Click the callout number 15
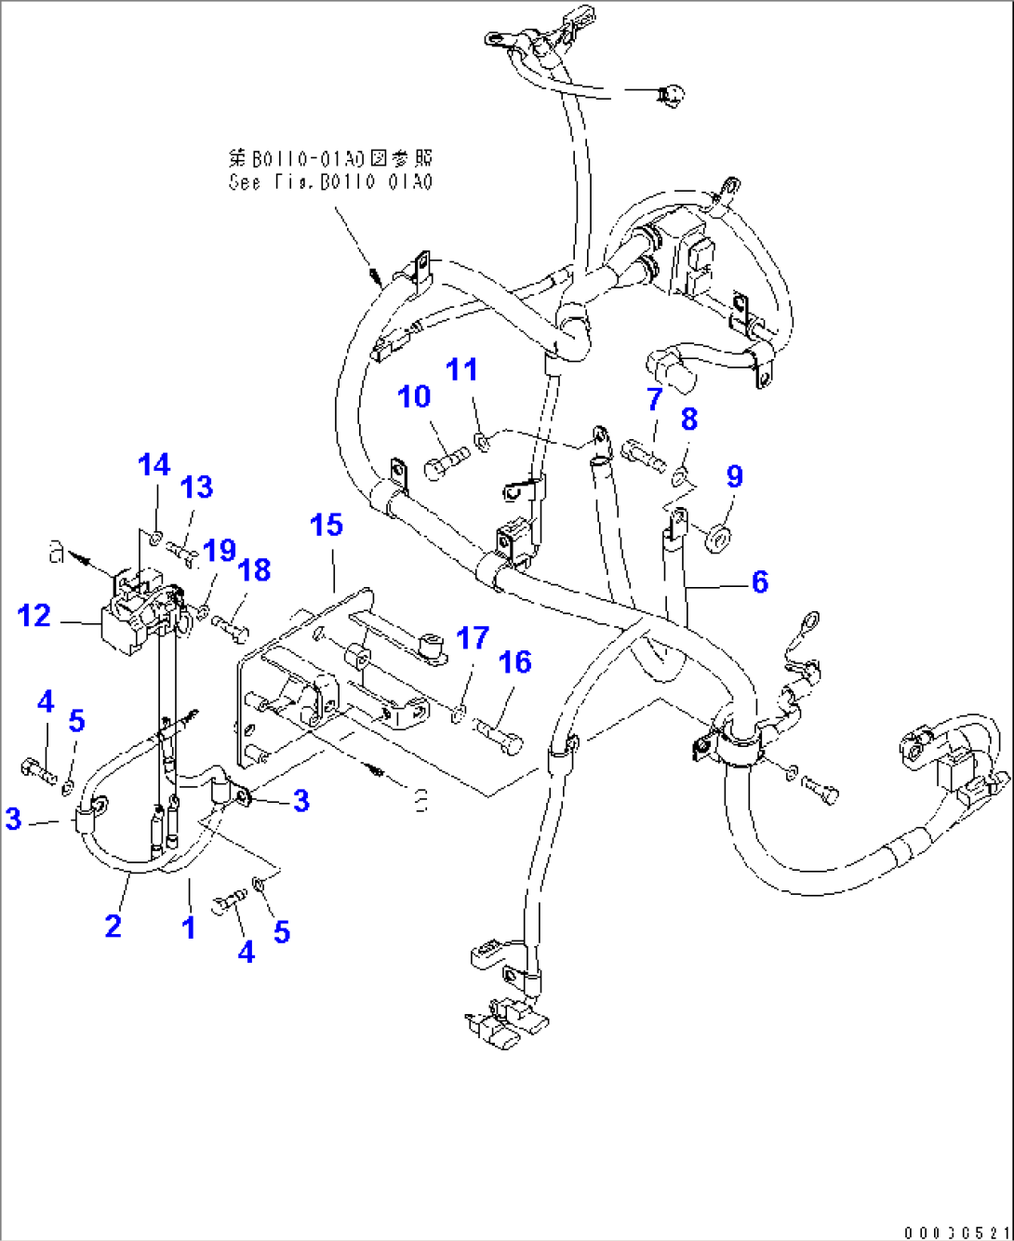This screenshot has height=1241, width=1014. point(326,526)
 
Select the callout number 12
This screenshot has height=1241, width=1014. point(34,616)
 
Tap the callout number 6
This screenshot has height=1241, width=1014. point(759,582)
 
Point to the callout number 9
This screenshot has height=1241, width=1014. point(734,477)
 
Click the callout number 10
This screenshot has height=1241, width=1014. point(414,397)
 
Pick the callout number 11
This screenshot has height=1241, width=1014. point(461,369)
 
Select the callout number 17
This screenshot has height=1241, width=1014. point(473,638)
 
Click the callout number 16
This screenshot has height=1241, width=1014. point(514,662)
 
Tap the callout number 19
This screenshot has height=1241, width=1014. point(220,551)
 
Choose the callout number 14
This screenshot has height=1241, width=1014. point(154,465)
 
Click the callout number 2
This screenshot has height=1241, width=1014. point(113,926)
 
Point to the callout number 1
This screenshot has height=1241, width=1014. point(189,927)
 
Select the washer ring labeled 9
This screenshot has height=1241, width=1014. point(718,537)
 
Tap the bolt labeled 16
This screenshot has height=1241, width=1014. point(500,733)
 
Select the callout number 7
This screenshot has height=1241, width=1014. point(654,400)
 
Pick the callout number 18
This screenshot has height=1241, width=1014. point(254,570)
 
